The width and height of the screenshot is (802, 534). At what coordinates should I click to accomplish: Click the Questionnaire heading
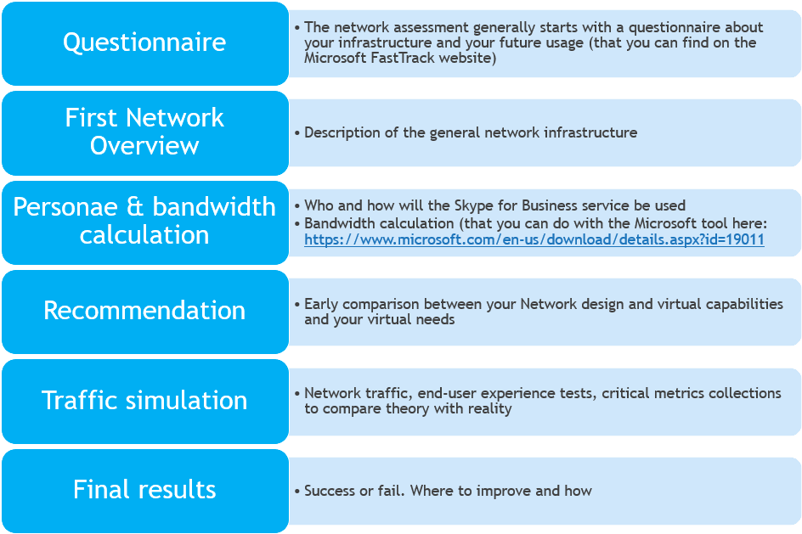click(144, 42)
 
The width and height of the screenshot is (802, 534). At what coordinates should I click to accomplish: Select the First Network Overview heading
click(144, 132)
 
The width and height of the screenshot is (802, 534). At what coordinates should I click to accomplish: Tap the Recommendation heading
click(144, 310)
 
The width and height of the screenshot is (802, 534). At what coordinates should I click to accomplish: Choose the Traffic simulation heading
click(144, 400)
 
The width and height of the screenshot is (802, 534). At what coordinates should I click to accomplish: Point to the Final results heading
click(144, 489)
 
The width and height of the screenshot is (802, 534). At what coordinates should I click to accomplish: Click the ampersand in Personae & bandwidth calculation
click(134, 207)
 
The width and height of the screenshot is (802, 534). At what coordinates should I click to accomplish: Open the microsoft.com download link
click(534, 239)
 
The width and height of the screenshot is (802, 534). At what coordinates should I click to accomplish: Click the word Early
click(321, 305)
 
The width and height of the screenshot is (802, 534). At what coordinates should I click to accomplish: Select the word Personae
click(65, 207)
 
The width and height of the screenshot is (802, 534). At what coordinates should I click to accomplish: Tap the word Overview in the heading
click(144, 146)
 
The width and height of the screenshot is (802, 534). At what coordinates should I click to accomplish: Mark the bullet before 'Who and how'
click(297, 206)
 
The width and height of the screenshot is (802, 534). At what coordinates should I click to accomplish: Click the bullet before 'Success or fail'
click(297, 492)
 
